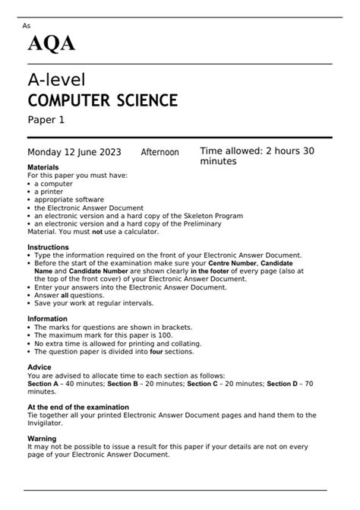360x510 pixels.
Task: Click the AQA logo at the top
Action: pyautogui.click(x=52, y=44)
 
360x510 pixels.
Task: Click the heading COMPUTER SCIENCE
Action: pyautogui.click(x=103, y=100)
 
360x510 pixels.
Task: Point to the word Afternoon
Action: pyautogui.click(x=159, y=153)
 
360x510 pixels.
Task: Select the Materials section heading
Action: pyautogui.click(x=43, y=166)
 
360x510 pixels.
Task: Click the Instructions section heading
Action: pyautogui.click(x=48, y=248)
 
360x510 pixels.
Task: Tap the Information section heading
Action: pyautogui.click(x=48, y=319)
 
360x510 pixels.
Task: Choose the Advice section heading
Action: pyautogui.click(x=39, y=367)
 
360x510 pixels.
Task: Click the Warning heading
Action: pyautogui.click(x=42, y=439)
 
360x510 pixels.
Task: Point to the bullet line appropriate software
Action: pyautogui.click(x=69, y=200)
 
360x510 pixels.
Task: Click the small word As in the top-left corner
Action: pyautogui.click(x=27, y=25)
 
